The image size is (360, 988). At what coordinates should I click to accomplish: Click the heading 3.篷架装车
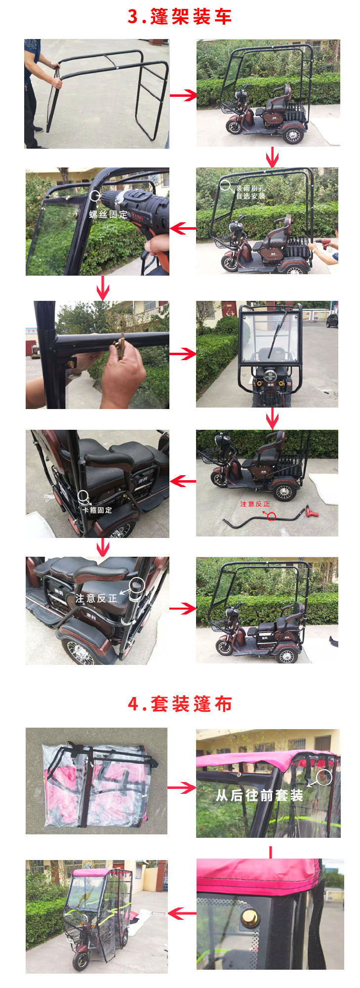coord(180,17)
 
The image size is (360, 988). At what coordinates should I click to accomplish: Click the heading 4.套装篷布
coord(180,704)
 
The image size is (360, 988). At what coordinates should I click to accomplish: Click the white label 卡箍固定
coord(97,510)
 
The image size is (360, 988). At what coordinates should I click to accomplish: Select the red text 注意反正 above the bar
coord(255,504)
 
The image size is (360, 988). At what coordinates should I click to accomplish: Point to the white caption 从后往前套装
coord(259,795)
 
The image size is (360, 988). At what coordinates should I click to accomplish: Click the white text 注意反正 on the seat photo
coord(96,598)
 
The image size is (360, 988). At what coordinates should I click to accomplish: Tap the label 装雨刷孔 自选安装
coord(250,192)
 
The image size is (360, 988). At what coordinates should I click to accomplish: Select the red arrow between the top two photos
coord(183,95)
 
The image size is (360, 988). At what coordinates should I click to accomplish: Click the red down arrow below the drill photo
coord(103,288)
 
